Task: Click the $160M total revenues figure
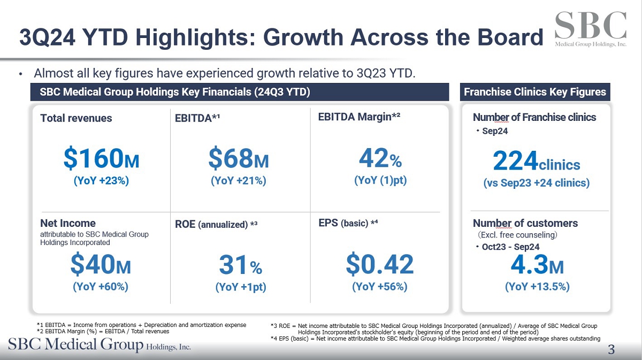tap(101, 159)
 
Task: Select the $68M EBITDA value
tap(238, 159)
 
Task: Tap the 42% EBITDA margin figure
tap(380, 159)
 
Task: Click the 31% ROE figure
tap(240, 265)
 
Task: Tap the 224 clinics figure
tap(536, 160)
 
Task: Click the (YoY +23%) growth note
tap(101, 181)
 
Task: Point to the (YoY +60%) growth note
tap(101, 287)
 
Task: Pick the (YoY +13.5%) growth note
tap(537, 287)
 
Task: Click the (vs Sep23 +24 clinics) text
tap(536, 183)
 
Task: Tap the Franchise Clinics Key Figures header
tap(534, 92)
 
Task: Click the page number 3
tap(611, 350)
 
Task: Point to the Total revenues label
tap(76, 118)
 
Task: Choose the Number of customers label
tap(525, 223)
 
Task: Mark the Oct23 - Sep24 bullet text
tap(510, 247)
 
